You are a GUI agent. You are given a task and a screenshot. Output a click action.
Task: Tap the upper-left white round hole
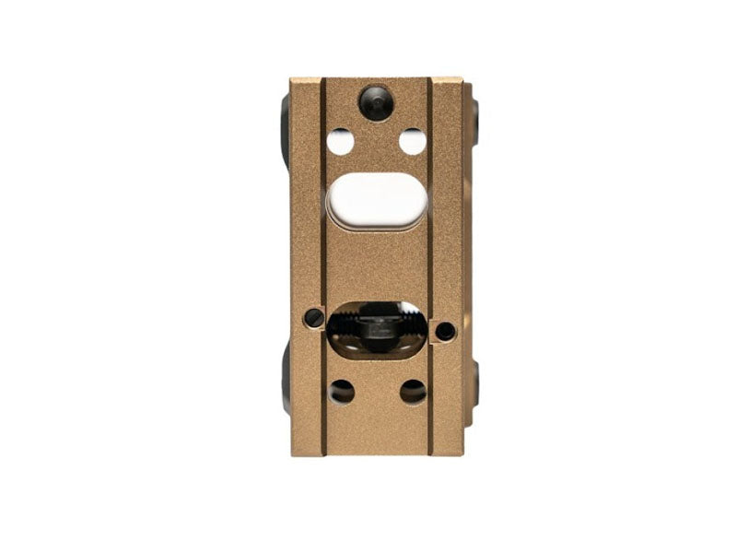pyautogui.click(x=340, y=142)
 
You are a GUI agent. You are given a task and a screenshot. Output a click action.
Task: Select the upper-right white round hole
pyautogui.click(x=412, y=142)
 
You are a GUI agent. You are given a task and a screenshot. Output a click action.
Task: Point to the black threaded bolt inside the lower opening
pyautogui.click(x=376, y=326)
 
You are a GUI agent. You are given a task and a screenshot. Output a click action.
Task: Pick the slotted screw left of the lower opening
pyautogui.click(x=313, y=318)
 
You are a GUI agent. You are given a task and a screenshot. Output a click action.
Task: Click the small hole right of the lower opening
pyautogui.click(x=445, y=330)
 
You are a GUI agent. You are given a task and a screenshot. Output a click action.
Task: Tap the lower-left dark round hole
pyautogui.click(x=341, y=391)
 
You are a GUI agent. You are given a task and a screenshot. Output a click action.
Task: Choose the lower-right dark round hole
pyautogui.click(x=413, y=391)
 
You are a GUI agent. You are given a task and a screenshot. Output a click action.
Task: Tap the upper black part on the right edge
pyautogui.click(x=474, y=120)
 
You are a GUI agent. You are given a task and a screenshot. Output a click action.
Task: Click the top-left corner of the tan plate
pyautogui.click(x=293, y=81)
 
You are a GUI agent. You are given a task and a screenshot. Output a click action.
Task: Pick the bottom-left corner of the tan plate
pyautogui.click(x=293, y=453)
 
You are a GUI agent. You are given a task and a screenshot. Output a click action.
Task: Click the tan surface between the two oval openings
pyautogui.click(x=377, y=263)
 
